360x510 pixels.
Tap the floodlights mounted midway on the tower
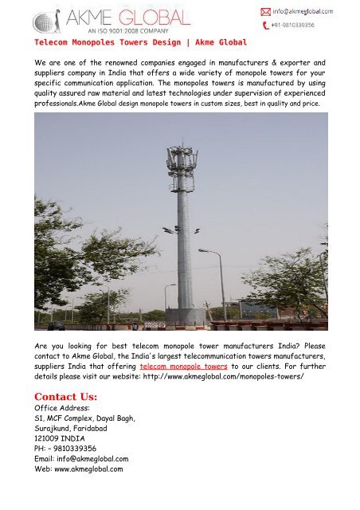click(180, 230)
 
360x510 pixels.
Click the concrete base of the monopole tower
click(186, 316)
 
